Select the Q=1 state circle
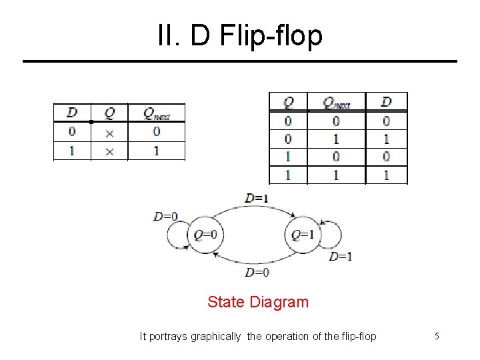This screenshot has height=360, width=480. (303, 235)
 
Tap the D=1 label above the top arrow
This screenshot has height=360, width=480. (256, 198)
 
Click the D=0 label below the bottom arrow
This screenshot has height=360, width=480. (257, 272)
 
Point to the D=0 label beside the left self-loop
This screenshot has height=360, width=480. (166, 216)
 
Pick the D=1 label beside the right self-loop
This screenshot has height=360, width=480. (341, 256)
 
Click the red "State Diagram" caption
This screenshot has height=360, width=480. (258, 302)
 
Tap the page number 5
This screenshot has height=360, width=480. (437, 336)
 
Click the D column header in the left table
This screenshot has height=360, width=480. (72, 113)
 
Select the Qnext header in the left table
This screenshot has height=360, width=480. (157, 113)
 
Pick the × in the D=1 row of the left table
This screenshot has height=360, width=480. (109, 151)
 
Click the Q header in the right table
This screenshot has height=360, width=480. (288, 103)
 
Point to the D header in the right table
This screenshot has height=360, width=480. (386, 102)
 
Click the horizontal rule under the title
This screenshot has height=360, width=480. (240, 61)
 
